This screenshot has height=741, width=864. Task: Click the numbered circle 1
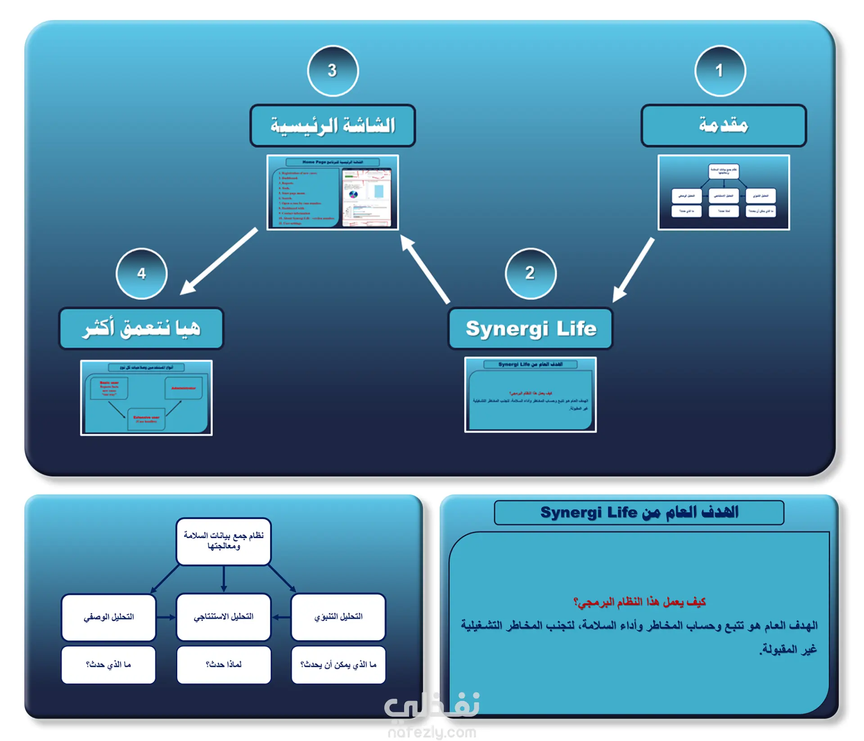[x=720, y=71]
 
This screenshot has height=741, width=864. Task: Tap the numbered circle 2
[x=530, y=273]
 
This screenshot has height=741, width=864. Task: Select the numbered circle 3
[x=333, y=71]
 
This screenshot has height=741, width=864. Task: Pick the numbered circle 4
[x=141, y=274]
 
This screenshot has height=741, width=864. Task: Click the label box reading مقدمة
[x=723, y=126]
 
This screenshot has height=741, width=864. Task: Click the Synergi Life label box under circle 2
[x=530, y=328]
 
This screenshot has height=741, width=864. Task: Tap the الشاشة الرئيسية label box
[x=333, y=126]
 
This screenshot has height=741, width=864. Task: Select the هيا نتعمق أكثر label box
[x=141, y=328]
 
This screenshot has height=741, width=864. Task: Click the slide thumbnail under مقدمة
[x=723, y=192]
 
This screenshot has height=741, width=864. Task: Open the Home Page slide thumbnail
[x=333, y=192]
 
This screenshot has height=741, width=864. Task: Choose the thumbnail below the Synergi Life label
[x=530, y=395]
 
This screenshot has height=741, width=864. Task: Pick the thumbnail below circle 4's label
[x=146, y=397]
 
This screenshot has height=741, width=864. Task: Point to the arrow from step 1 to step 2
[x=633, y=270]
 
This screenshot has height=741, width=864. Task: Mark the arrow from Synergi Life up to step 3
[x=425, y=269]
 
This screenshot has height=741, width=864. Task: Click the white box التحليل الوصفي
[x=108, y=616]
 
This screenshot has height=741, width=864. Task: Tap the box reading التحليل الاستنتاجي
[x=224, y=616]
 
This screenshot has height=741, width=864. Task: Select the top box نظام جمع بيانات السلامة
[x=224, y=541]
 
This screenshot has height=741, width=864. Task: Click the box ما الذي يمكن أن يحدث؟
[x=338, y=665]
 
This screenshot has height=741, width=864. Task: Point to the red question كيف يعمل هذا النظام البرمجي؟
[x=639, y=602]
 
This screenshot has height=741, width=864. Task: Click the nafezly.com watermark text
[x=432, y=732]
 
